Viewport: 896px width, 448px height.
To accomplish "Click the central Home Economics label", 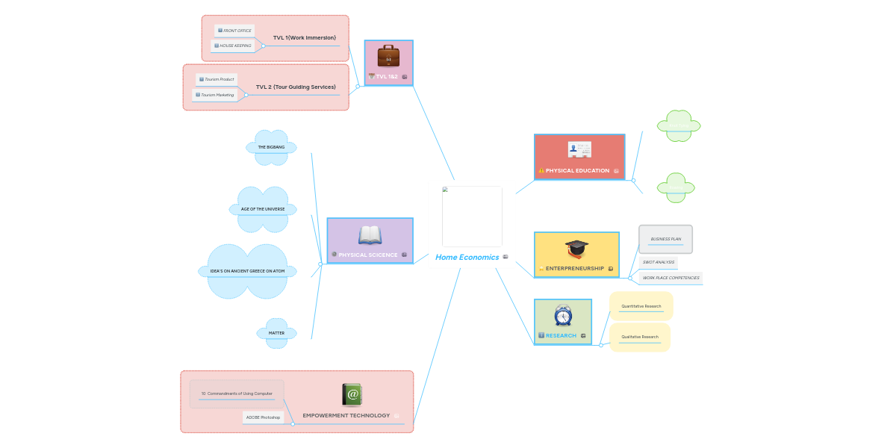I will [x=467, y=257].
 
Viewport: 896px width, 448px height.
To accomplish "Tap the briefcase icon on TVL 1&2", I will [x=388, y=56].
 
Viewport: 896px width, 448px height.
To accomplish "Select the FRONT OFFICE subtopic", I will [x=235, y=31].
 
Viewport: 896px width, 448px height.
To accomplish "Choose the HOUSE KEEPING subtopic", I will [x=233, y=46].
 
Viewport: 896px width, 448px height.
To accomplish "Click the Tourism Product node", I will [x=217, y=79].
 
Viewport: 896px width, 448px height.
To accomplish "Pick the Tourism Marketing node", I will [x=215, y=95].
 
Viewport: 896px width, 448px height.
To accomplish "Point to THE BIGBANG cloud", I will [x=271, y=147].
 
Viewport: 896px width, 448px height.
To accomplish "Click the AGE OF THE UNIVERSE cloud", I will [x=263, y=209].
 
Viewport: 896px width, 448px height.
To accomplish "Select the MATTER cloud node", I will [x=276, y=333].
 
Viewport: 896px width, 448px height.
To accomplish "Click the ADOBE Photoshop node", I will [x=263, y=417].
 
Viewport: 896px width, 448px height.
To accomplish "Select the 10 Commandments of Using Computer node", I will [x=237, y=393].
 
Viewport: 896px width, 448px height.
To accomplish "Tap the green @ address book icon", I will [x=352, y=395].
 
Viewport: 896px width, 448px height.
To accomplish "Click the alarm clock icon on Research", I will [x=563, y=315].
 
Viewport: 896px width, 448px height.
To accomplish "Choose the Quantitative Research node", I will [x=641, y=306].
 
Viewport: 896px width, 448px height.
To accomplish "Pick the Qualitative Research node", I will [x=640, y=337].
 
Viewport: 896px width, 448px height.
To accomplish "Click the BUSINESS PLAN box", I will [x=665, y=240].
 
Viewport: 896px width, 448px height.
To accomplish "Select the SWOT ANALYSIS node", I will [x=659, y=262].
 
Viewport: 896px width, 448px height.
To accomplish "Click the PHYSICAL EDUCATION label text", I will [x=577, y=171].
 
